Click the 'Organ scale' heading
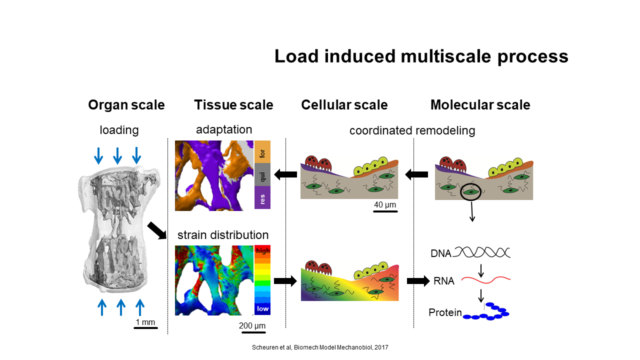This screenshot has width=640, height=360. [x=126, y=105]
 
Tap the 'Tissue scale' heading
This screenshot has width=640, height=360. [x=233, y=105]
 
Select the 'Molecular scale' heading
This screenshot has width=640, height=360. [x=480, y=105]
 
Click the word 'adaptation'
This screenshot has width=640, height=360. [x=224, y=129]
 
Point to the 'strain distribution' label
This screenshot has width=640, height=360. [x=223, y=235]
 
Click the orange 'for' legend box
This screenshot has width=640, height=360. [x=262, y=151]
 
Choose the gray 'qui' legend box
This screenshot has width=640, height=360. [x=262, y=175]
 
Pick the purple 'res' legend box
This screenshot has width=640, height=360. [x=262, y=197]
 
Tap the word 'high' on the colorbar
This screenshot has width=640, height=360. [x=262, y=251]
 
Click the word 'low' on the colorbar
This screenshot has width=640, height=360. [x=262, y=309]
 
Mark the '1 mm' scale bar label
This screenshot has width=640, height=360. [x=145, y=322]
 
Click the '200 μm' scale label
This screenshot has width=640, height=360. [x=252, y=325]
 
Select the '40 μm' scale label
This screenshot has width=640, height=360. [x=385, y=205]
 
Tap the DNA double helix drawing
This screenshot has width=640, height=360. [x=481, y=252]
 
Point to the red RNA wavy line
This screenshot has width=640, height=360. [x=485, y=280]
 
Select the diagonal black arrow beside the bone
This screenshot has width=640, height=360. [x=157, y=230]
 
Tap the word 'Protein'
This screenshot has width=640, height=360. [x=445, y=312]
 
